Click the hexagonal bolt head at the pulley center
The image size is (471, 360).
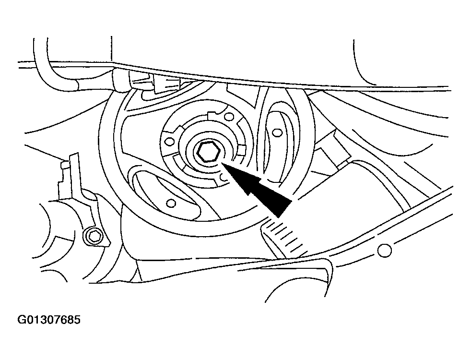209,152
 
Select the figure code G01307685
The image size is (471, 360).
49,320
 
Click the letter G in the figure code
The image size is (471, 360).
22,320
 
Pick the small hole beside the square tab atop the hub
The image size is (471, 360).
229,116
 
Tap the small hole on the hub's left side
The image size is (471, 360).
170,141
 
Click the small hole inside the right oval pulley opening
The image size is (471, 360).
277,132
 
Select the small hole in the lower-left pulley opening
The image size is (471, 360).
171,204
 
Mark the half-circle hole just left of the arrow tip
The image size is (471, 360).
223,178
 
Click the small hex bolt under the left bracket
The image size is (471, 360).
93,237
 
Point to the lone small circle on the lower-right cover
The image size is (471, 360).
384,250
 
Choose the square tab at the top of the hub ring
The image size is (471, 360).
213,115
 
